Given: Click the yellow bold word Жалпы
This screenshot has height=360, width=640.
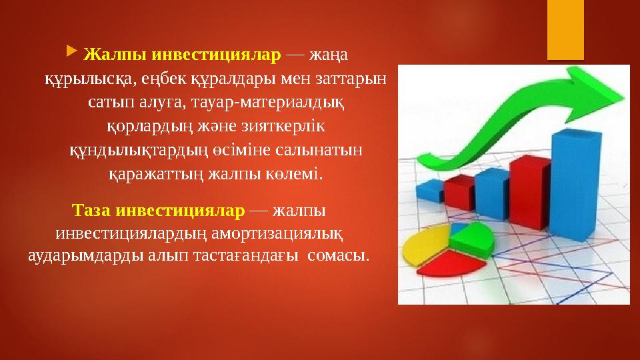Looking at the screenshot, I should coord(111,53).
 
